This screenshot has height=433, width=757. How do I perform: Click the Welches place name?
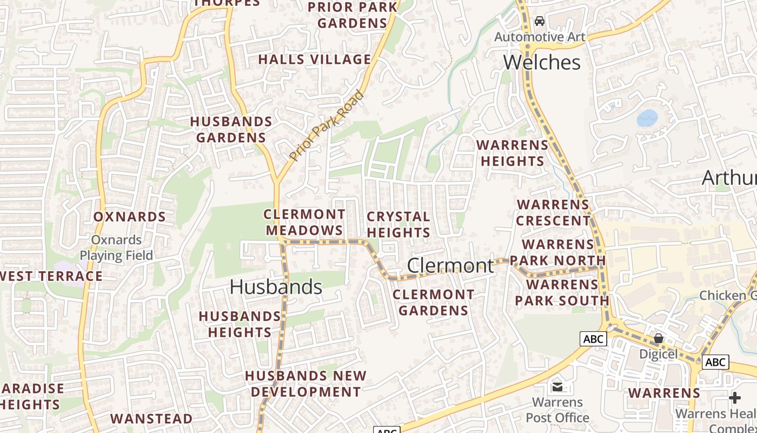tap(542, 62)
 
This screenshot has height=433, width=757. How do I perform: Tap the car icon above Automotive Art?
tap(539, 22)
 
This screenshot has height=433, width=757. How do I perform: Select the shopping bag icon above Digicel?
tap(658, 339)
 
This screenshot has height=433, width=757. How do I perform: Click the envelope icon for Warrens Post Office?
tap(557, 387)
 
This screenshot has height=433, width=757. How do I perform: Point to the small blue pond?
tap(647, 117)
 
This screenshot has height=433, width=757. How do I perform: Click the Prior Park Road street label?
tap(327, 126)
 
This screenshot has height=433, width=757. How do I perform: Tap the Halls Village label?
tap(315, 60)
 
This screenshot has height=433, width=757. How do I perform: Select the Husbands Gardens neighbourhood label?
tap(231, 129)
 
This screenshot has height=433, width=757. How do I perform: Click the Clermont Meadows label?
tap(304, 222)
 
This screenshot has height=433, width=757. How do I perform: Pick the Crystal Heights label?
tap(399, 225)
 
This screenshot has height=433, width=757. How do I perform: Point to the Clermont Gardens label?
tap(433, 303)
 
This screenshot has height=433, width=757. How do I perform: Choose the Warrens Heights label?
tap(513, 153)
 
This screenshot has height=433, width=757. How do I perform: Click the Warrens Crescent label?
tap(553, 213)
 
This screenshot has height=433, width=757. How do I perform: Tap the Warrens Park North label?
tap(557, 252)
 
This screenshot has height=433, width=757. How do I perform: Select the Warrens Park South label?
tap(562, 292)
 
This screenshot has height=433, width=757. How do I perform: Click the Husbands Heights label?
tap(240, 324)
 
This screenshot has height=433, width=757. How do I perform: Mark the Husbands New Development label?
tap(306, 383)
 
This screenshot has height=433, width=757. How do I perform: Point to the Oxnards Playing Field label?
tap(116, 247)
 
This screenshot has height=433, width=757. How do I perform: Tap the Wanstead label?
tap(151, 418)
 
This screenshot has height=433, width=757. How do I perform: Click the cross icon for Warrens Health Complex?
tap(734, 398)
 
